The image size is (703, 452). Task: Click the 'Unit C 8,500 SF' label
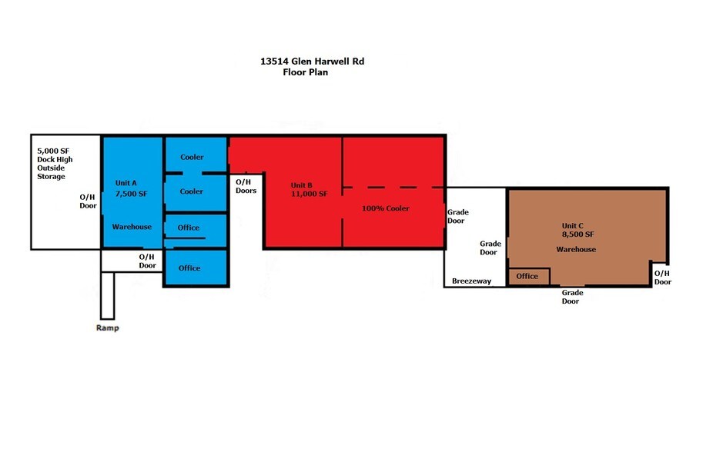(x=577, y=229)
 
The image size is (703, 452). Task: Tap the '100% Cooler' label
(x=386, y=208)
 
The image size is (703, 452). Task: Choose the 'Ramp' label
(x=107, y=327)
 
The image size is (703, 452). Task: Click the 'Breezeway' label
(x=471, y=281)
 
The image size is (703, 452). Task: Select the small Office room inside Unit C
(x=527, y=276)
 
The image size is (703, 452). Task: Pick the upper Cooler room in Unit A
(x=192, y=157)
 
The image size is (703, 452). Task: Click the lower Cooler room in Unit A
(x=192, y=191)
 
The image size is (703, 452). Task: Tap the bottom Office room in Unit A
(x=189, y=268)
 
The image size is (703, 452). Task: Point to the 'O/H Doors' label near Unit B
(x=246, y=186)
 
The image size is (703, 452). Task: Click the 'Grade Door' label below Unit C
(x=571, y=297)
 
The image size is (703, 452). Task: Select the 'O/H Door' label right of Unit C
(x=662, y=277)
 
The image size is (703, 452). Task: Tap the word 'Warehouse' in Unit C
(x=576, y=249)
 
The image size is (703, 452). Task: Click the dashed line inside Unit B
(x=393, y=187)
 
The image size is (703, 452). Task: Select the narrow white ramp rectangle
(x=107, y=295)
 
